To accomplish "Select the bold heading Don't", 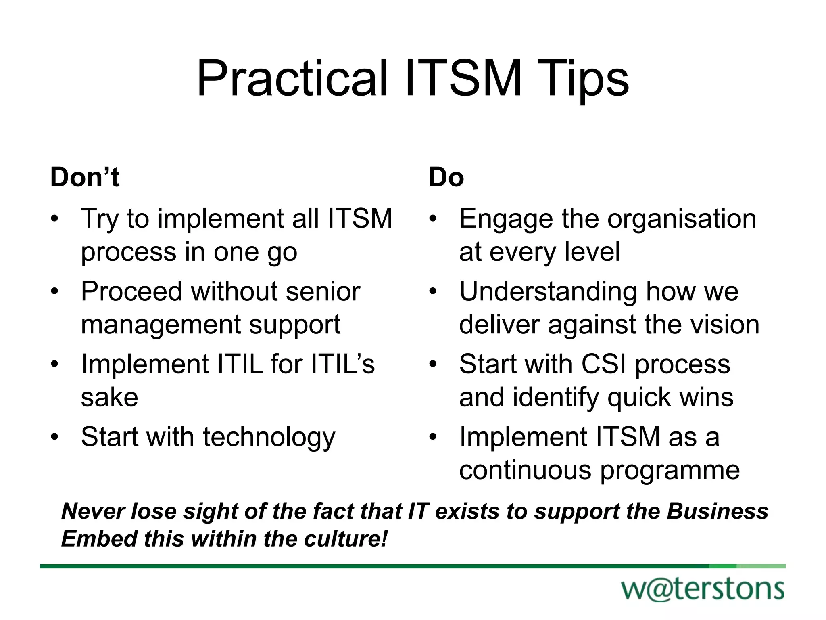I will (85, 177).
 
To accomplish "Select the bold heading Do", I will (446, 177).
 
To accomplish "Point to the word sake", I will (109, 397).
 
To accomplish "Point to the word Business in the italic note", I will (718, 511).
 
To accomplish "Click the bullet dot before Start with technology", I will (54, 437).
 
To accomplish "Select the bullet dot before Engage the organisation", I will (433, 219).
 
